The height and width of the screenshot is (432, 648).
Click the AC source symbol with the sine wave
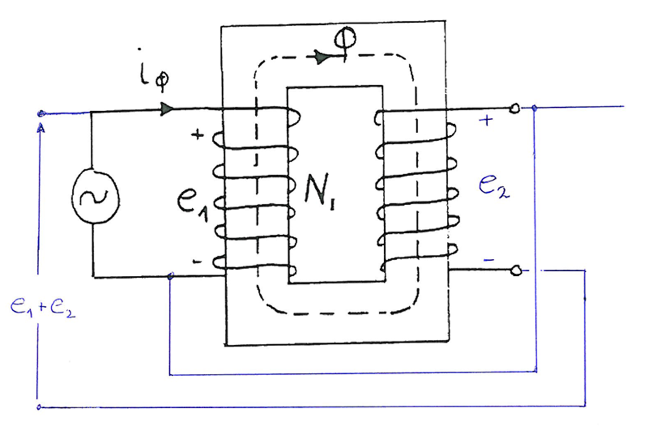pos(96,197)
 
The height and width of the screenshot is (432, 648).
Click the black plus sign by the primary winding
pos(198,135)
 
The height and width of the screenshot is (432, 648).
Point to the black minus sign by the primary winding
pos(197,262)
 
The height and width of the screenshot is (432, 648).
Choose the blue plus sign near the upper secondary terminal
pos(486,120)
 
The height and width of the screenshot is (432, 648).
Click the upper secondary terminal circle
pos(514,109)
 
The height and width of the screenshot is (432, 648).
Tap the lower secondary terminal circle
pos(516,271)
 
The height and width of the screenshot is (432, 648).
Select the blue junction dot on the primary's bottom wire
pos(171,276)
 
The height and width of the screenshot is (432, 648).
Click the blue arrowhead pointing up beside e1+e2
pos(41,128)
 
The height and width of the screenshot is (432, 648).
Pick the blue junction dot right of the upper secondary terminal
pos(535,109)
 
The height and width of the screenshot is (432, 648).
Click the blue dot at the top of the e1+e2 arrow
pos(41,114)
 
